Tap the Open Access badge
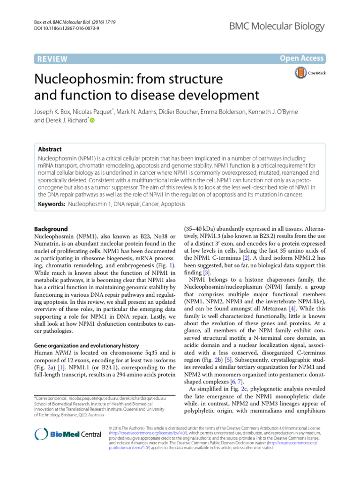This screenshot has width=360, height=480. [x=302, y=59]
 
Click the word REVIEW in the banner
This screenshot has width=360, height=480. [x=52, y=59]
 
